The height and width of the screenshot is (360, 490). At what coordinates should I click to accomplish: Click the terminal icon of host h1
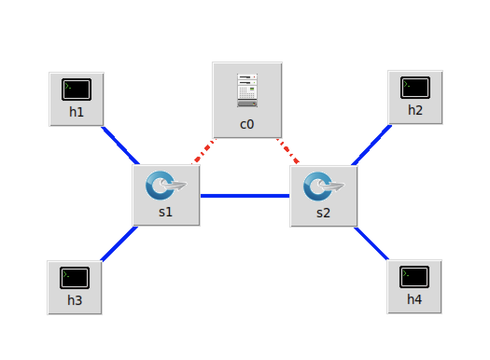[77, 90]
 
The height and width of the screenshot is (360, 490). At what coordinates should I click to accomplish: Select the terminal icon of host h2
[415, 88]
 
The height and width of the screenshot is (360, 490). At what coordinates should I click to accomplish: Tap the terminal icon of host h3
[75, 278]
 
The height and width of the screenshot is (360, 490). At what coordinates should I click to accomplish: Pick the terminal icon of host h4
[414, 277]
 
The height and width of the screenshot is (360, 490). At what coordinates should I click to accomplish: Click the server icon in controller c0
[247, 90]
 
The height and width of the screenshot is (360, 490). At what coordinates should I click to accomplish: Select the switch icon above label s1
[166, 185]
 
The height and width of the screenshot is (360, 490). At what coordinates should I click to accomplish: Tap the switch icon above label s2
[323, 186]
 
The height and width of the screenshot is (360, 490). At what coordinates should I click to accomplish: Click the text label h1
[77, 112]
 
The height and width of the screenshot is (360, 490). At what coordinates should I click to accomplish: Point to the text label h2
[415, 110]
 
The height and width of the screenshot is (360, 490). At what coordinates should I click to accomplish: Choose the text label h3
[75, 300]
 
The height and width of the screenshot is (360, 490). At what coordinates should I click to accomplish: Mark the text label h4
[414, 299]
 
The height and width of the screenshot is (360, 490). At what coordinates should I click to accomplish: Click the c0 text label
[247, 124]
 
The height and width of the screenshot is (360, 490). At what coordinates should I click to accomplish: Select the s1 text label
[166, 212]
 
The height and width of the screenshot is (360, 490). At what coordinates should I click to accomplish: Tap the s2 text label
[323, 213]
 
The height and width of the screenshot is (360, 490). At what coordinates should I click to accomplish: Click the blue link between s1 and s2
[245, 196]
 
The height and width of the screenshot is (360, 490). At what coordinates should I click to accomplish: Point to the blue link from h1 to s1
[120, 145]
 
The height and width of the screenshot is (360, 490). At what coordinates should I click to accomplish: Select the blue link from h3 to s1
[119, 243]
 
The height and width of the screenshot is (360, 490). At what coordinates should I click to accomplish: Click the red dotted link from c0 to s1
[203, 152]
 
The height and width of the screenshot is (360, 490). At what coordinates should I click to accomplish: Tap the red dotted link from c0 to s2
[288, 150]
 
